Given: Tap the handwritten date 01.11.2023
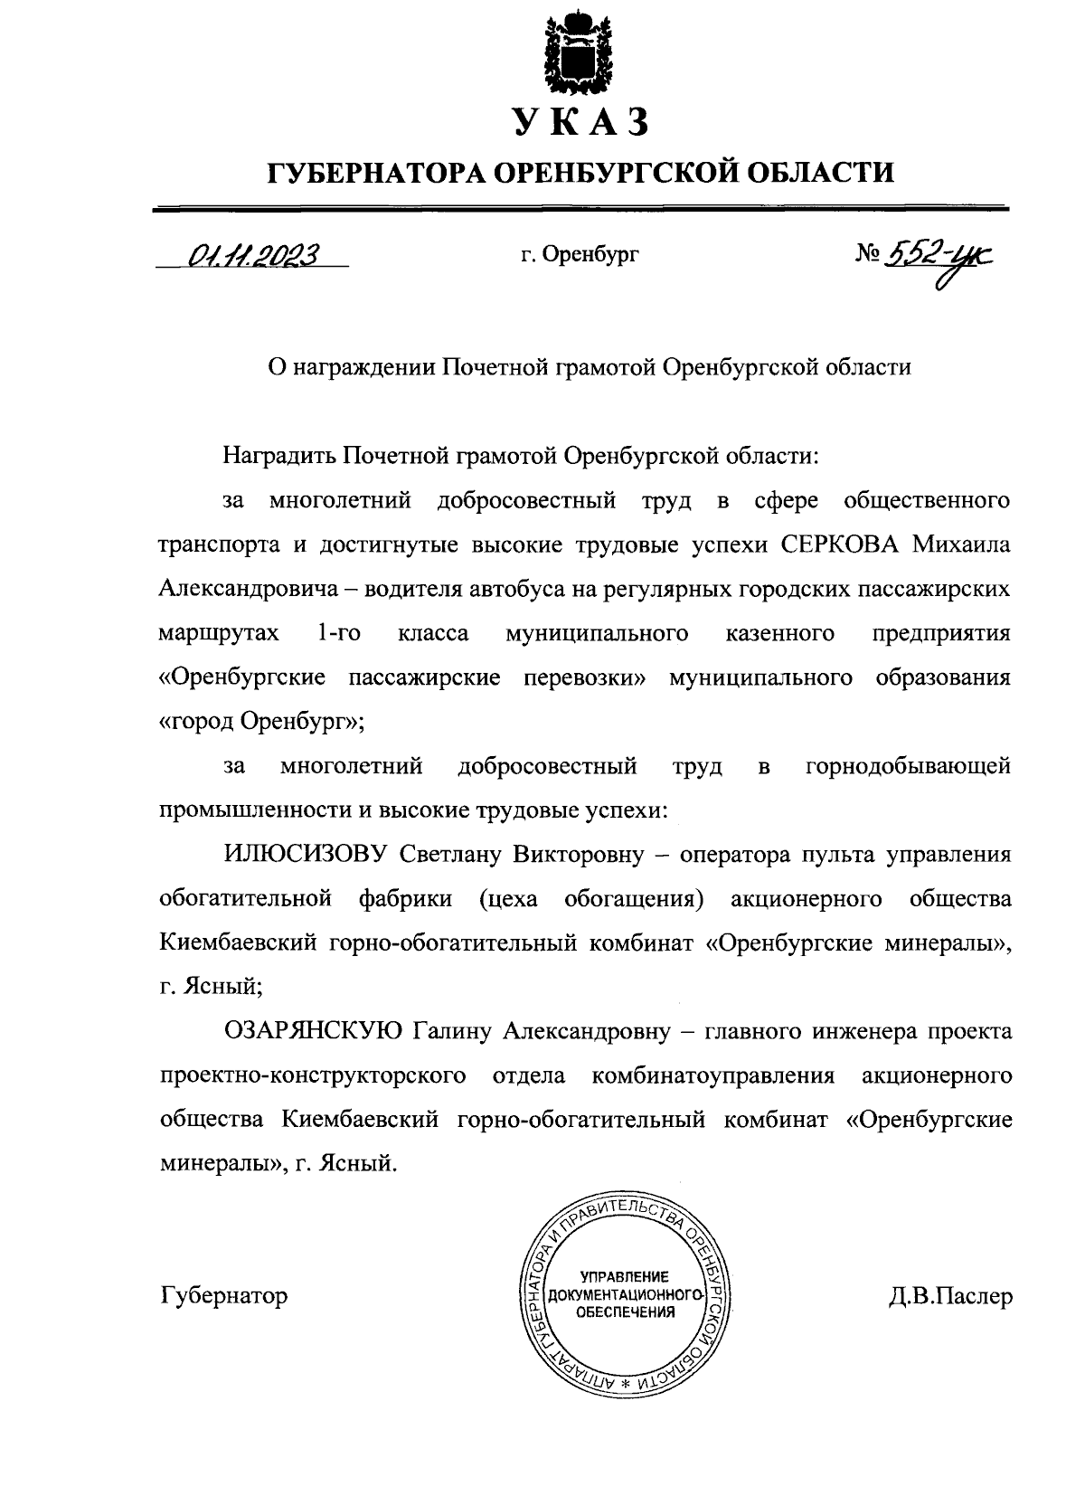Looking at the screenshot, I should click(250, 257).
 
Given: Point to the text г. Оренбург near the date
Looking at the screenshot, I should click(579, 256).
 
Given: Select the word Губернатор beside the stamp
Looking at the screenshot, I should click(224, 1295).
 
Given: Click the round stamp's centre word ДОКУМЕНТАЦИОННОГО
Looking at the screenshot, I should click(623, 1294).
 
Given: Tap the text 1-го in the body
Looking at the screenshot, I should click(340, 633).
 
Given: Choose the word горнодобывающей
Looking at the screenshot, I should click(908, 768).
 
